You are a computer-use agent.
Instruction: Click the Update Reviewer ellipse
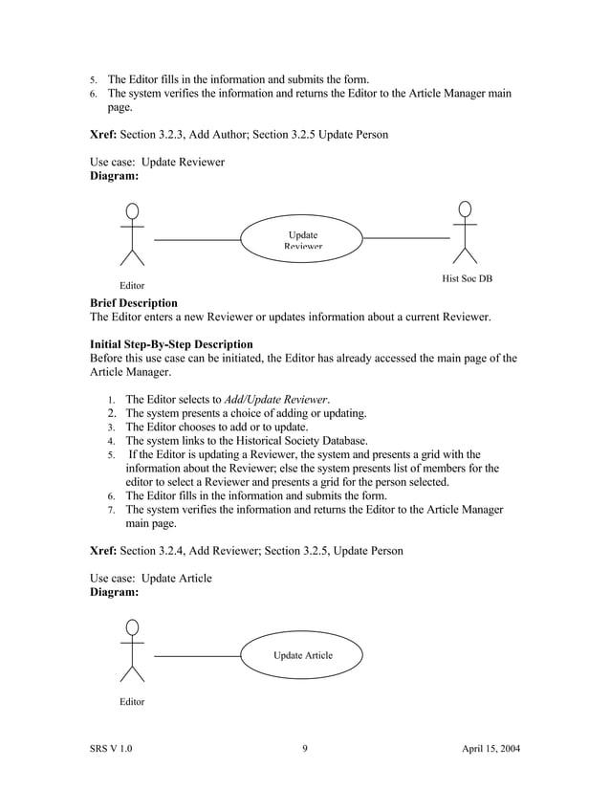[301, 238]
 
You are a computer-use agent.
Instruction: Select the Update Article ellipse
[301, 655]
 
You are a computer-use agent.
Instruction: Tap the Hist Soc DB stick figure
[465, 231]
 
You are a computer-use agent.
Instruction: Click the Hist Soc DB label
[467, 278]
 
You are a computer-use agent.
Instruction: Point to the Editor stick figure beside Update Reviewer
[132, 234]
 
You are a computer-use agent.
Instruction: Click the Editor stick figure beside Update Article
[132, 650]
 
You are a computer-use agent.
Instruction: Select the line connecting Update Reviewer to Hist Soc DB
[406, 237]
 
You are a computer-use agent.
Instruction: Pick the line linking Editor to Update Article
[196, 656]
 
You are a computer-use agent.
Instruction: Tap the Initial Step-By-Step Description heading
[171, 344]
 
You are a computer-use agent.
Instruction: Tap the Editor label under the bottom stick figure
[131, 702]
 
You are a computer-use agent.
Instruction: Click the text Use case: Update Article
[151, 578]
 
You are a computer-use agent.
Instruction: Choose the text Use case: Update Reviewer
[157, 162]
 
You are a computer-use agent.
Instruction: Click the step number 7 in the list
[111, 511]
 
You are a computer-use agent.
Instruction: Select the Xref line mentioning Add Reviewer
[246, 551]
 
